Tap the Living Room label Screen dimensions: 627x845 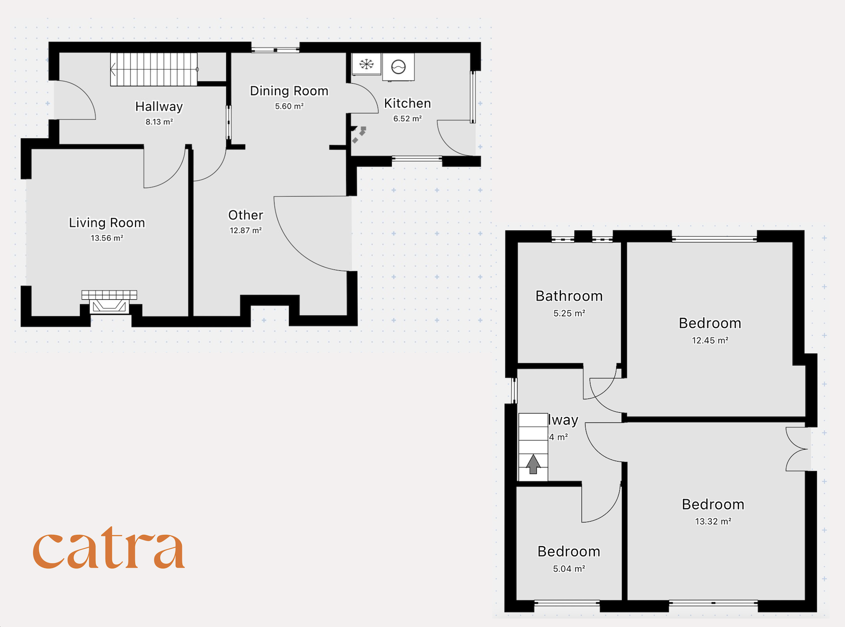[107, 223]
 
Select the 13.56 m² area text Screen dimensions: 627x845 [107, 238]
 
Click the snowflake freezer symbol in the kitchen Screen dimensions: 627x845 [367, 64]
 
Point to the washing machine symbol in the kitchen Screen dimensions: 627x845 [399, 67]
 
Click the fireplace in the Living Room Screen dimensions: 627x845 [109, 302]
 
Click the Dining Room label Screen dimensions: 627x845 [289, 91]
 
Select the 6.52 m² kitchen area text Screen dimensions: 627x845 [407, 119]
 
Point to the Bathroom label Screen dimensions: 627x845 [569, 296]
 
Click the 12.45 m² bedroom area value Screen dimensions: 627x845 [710, 341]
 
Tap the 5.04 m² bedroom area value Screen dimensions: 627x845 [569, 569]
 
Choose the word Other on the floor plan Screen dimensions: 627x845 [246, 215]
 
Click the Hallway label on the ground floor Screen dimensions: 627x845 [159, 107]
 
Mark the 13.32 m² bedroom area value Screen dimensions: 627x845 [713, 522]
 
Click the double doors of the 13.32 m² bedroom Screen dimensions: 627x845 [797, 449]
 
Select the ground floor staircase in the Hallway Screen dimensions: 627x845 [154, 69]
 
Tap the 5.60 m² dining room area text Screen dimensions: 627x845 [289, 106]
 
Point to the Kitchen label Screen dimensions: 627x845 [407, 104]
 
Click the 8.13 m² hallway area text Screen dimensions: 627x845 [159, 122]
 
